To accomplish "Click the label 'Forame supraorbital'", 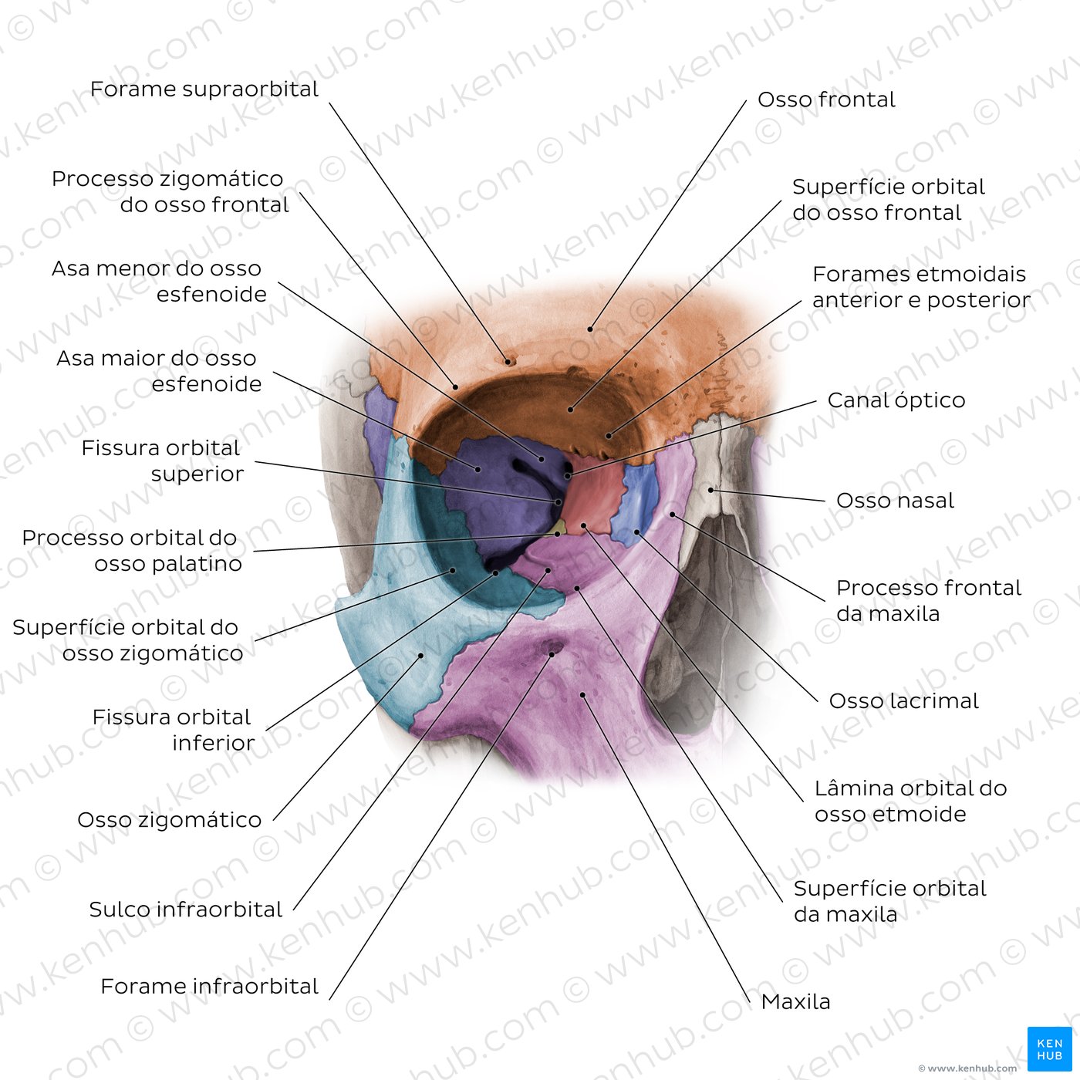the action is click(x=204, y=89).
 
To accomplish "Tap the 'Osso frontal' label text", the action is click(x=826, y=100).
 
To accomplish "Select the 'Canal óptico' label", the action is click(x=896, y=400).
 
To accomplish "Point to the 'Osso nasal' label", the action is click(x=895, y=501).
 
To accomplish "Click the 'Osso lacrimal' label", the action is click(x=903, y=700).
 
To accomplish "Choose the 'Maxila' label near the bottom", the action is click(x=795, y=1001).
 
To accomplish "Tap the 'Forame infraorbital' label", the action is click(x=209, y=986).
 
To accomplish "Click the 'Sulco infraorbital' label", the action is click(x=185, y=909).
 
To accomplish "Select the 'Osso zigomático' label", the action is click(x=169, y=819).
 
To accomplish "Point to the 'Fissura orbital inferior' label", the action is click(x=173, y=730).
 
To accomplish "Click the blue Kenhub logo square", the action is click(x=1049, y=1048).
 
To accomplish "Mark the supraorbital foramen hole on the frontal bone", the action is click(x=509, y=362).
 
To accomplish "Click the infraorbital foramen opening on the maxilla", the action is click(x=552, y=652).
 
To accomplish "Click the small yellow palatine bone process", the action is click(x=559, y=528).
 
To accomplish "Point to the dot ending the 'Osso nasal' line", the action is click(x=710, y=490).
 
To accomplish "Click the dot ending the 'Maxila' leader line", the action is click(x=583, y=695).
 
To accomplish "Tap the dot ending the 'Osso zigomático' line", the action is click(x=421, y=655).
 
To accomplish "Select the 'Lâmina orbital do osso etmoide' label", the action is click(x=911, y=801).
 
